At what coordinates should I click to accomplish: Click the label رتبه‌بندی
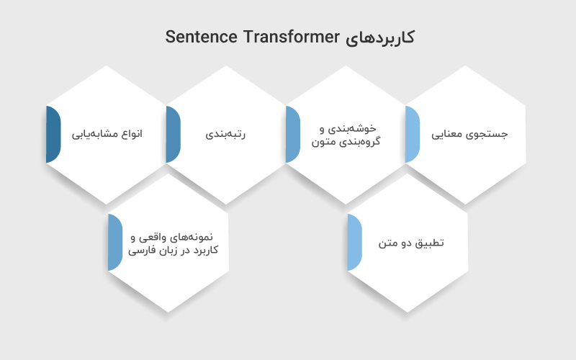(x=227, y=135)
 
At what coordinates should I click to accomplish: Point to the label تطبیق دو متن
(x=412, y=243)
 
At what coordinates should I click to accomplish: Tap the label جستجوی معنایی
(x=469, y=135)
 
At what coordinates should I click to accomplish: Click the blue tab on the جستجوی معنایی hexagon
(x=412, y=135)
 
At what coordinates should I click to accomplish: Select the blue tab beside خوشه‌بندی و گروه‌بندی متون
(x=292, y=135)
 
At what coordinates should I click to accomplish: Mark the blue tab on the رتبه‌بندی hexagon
(x=173, y=135)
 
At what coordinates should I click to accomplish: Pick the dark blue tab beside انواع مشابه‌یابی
(x=53, y=135)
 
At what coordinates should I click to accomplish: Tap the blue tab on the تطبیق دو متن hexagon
(x=354, y=243)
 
